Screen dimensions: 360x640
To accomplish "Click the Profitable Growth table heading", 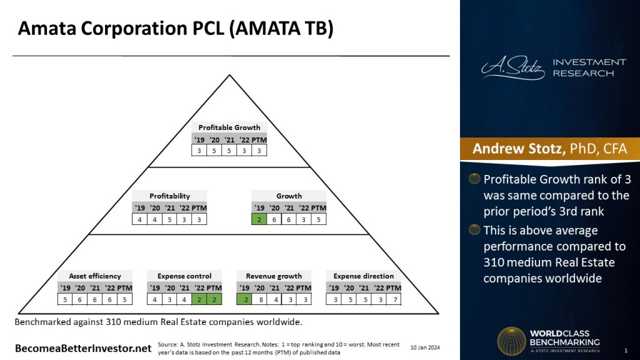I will [x=229, y=127].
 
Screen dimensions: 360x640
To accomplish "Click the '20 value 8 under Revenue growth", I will [x=259, y=299].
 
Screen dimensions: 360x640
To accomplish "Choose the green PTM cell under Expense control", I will [x=214, y=299].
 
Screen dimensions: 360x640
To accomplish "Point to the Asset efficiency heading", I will [x=95, y=276].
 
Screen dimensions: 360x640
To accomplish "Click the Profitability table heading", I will [x=169, y=196].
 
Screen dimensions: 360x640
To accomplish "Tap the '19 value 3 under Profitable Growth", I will [x=199, y=151].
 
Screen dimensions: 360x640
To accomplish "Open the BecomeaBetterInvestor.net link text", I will [x=84, y=347].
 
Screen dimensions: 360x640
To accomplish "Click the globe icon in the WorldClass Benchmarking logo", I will [x=511, y=342].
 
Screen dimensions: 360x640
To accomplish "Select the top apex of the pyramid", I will [x=230, y=76].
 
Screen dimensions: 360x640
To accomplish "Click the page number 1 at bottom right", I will [x=626, y=349].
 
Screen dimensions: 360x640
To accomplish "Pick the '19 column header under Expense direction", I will [x=334, y=288].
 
